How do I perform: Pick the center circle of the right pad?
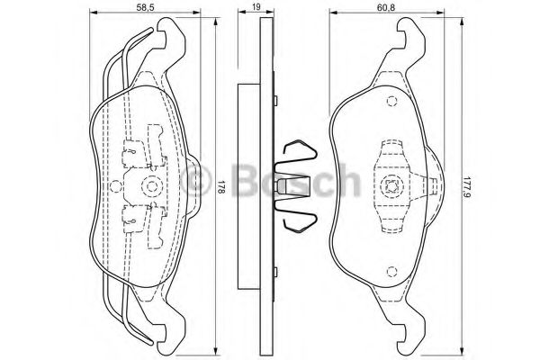[391, 187]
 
